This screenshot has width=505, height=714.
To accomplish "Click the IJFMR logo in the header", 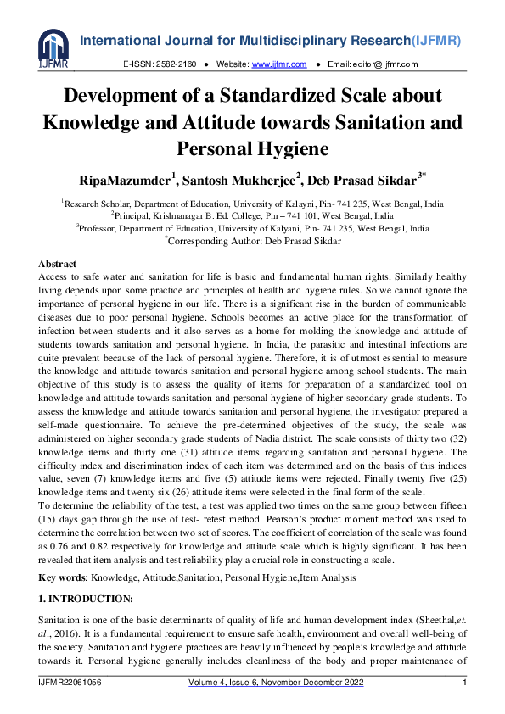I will click(x=53, y=49).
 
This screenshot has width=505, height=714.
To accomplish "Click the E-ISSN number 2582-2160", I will click(x=177, y=64).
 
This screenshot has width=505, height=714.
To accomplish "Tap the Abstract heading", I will click(x=58, y=265).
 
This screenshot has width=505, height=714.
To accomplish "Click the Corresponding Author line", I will click(x=253, y=241).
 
